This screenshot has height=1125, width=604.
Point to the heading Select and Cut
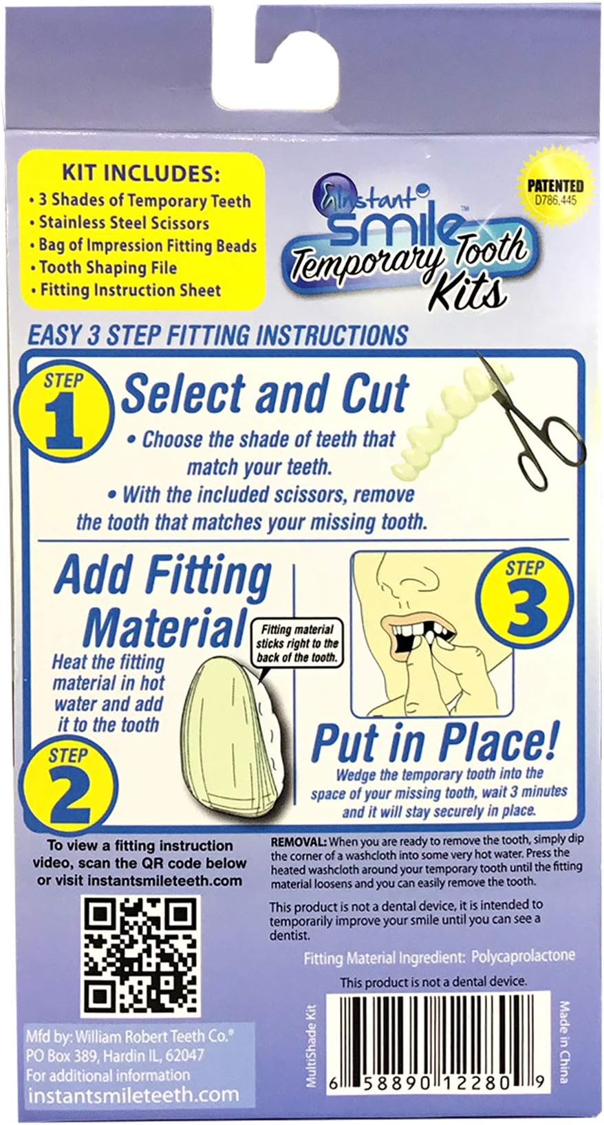[265, 394]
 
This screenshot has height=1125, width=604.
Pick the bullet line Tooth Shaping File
[107, 268]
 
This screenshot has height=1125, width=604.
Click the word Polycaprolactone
[524, 956]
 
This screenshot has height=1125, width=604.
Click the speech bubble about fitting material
[296, 643]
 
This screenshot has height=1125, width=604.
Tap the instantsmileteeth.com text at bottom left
[133, 1095]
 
